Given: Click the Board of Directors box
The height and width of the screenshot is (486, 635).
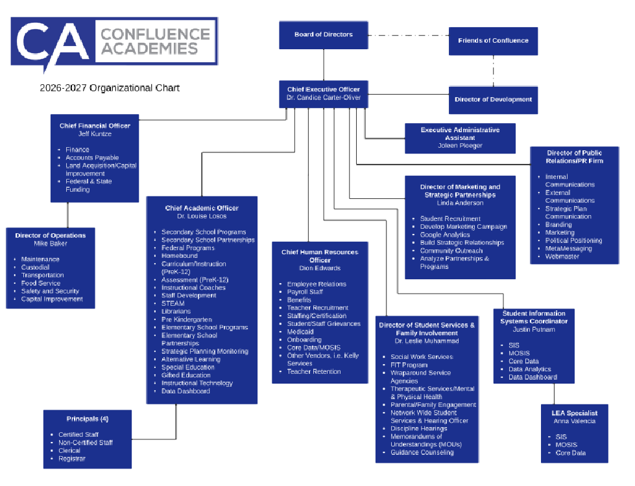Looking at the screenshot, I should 323,34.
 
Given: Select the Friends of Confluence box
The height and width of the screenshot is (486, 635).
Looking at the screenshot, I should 493,41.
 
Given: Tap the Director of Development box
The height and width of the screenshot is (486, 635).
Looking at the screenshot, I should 493,99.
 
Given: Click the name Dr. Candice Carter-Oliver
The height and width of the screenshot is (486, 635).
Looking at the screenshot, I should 323,97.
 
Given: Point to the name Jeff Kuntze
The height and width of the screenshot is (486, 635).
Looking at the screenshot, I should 95,133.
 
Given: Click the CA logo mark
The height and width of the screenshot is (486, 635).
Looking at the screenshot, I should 52,43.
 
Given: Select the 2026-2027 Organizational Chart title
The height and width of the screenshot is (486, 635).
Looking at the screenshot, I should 108,87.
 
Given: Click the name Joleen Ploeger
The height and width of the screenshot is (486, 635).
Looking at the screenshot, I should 460,146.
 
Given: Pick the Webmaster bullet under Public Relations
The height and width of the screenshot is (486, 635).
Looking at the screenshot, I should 562,257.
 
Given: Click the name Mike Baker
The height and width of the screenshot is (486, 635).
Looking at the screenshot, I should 51,244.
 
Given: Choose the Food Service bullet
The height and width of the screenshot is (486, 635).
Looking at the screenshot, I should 41,283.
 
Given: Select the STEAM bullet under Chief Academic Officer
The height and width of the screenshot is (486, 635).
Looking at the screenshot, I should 173,303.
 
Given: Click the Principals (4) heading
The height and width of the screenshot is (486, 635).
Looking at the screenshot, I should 87,419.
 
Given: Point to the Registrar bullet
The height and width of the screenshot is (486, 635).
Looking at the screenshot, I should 71,459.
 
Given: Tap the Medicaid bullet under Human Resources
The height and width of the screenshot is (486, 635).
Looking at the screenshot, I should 300,332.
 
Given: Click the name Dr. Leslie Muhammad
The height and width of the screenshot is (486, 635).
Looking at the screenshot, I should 427,341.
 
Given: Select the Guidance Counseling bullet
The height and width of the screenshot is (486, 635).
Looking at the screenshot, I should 422,452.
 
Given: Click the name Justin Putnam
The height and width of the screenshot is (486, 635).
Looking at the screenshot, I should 533,329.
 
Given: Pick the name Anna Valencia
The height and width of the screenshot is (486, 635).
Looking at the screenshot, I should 574,421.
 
